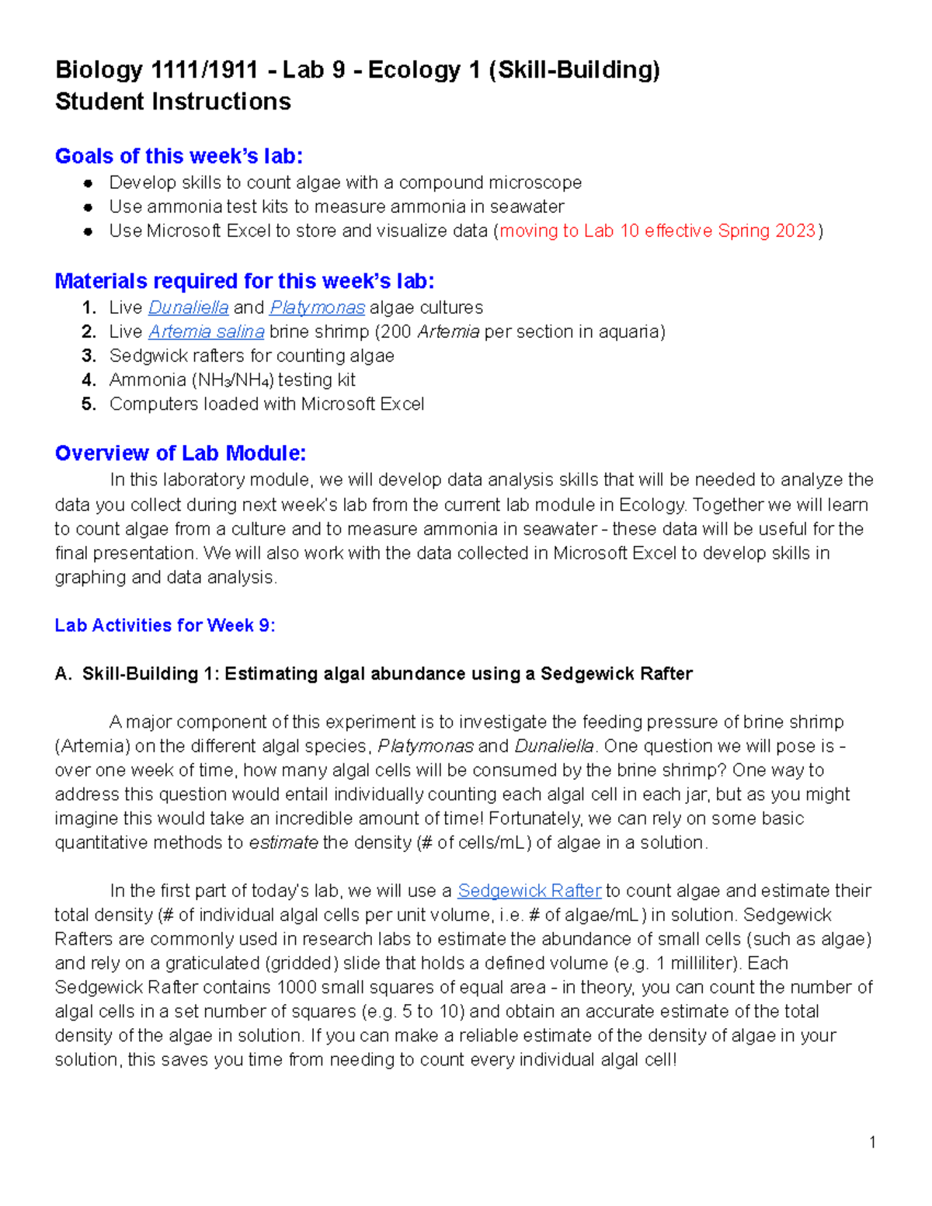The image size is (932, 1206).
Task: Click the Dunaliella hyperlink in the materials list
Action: coord(188,308)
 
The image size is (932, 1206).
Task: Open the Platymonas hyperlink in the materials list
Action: coord(317,308)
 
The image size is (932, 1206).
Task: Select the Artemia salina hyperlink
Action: coord(207,332)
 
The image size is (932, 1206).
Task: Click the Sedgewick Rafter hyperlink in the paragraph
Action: coord(529,891)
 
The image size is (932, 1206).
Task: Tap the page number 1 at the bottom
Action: coord(872,1142)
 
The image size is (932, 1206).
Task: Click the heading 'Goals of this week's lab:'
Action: coord(179,156)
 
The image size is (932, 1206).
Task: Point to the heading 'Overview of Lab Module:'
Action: coord(180,454)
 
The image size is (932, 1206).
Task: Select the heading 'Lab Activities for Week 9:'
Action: coord(165,625)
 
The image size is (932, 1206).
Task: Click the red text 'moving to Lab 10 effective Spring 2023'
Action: coord(658,231)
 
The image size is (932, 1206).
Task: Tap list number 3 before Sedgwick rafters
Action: coord(89,356)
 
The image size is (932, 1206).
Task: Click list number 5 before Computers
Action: coord(89,404)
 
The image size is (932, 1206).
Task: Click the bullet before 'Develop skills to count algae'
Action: coord(89,183)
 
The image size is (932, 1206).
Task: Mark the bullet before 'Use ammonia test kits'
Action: coord(89,207)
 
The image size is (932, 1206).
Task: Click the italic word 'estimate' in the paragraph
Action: coord(283,843)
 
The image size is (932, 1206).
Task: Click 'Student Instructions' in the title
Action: coord(173,102)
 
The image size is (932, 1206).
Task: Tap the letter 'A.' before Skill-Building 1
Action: coord(63,673)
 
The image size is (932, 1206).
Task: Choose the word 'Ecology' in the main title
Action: coord(414,70)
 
